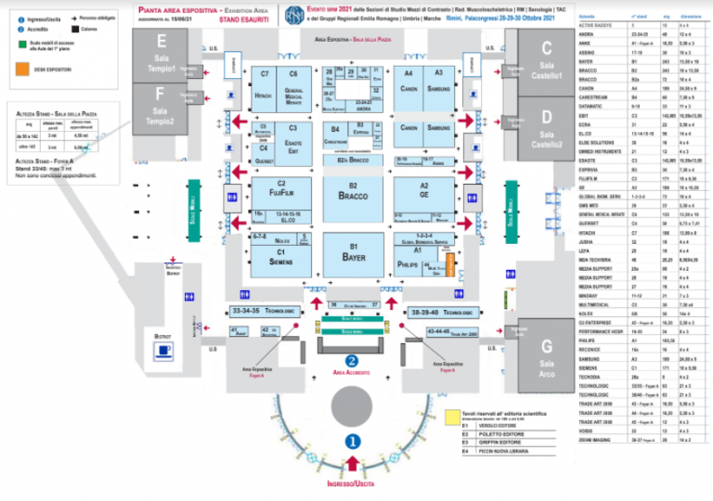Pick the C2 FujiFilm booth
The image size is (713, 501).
(x=268, y=190)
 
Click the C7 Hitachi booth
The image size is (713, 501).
(x=264, y=84)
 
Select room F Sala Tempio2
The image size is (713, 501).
(x=162, y=108)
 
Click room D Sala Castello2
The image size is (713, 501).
(x=546, y=129)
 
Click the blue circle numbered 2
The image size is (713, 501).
(x=352, y=361)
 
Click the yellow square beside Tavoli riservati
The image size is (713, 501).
(x=452, y=417)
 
